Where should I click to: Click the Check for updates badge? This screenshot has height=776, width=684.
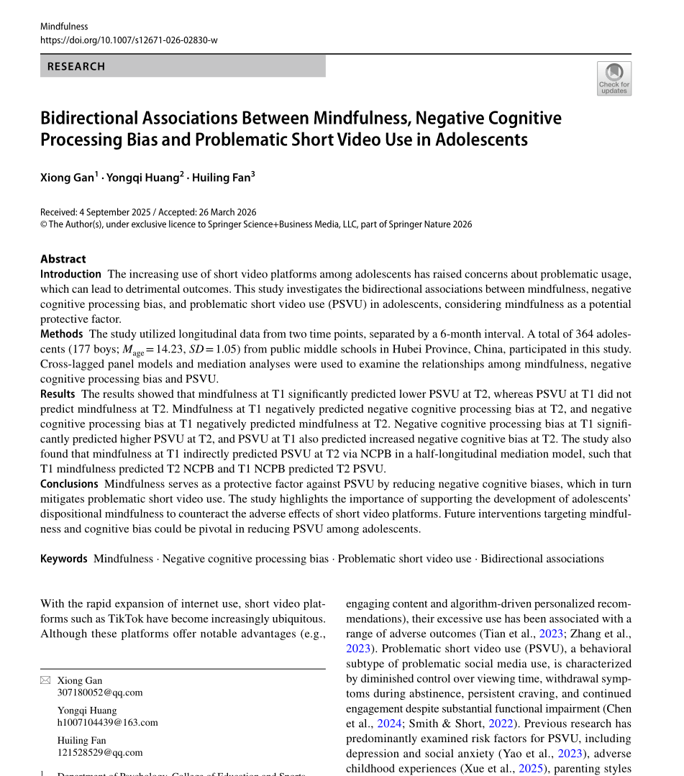614,78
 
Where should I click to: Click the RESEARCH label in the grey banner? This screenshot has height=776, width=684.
76,66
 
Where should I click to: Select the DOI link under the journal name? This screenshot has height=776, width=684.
129,40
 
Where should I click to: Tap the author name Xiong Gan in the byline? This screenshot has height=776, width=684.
67,178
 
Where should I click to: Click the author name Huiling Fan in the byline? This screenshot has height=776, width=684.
221,178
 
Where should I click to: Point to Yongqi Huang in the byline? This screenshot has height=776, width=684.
142,178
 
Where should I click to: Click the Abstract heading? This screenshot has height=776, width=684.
63,259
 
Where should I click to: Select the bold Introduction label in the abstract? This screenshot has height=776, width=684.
70,274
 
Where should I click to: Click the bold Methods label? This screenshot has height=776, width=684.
62,334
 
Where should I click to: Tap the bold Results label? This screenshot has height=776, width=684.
58,394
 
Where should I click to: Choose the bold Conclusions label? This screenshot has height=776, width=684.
69,484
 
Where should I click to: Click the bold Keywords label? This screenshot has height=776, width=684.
64,559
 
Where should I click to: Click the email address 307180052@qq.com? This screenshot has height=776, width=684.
100,693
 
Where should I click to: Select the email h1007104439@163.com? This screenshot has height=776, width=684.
108,722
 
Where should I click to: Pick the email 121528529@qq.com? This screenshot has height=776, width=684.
100,752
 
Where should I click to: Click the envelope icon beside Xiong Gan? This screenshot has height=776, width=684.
45,680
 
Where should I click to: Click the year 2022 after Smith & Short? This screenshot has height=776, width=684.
501,723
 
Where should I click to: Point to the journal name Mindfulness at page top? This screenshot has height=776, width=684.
64,27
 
